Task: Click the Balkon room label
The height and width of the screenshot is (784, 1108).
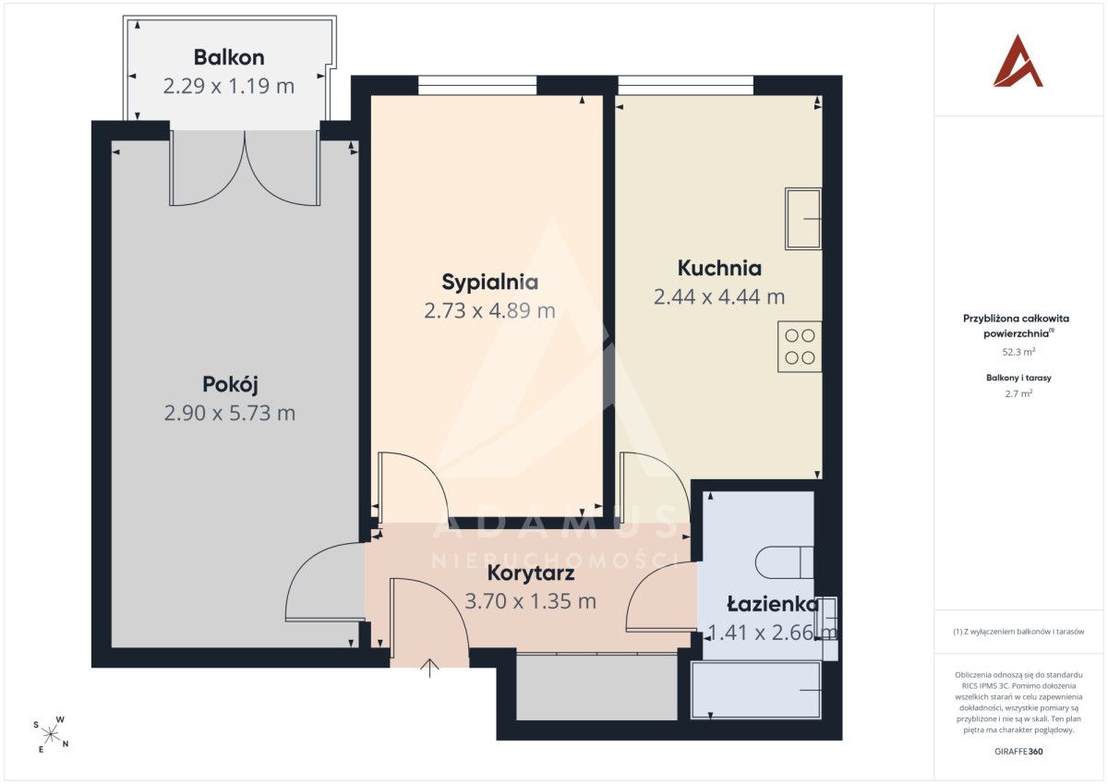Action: (x=229, y=57)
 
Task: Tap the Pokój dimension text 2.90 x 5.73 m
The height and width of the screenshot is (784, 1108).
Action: (x=230, y=413)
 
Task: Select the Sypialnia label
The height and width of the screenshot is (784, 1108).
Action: (x=489, y=283)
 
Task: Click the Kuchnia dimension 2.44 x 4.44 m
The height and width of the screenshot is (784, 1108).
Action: (x=719, y=296)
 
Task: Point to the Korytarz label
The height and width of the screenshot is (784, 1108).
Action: (x=531, y=573)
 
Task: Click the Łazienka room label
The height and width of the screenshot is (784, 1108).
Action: (x=773, y=604)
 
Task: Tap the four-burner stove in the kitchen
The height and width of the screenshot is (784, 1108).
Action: (x=800, y=346)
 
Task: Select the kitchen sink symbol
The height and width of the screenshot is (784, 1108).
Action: (x=803, y=218)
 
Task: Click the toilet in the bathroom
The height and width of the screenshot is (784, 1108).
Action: (x=785, y=562)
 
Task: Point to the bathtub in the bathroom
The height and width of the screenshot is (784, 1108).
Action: (x=756, y=690)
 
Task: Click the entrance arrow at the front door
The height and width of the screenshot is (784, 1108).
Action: (x=429, y=668)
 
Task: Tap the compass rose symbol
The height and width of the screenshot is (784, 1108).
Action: (x=51, y=734)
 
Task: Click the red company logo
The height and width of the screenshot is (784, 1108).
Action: (x=1018, y=61)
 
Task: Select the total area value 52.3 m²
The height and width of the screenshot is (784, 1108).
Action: (x=1018, y=352)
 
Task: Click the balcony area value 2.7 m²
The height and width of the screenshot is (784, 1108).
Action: (x=1018, y=393)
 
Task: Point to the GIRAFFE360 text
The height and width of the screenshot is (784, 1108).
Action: (x=1018, y=752)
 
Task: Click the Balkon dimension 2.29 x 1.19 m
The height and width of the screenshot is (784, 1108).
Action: (x=229, y=86)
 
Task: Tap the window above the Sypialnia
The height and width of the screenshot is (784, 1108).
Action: (x=477, y=85)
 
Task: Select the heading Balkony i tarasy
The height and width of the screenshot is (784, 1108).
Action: (x=1018, y=378)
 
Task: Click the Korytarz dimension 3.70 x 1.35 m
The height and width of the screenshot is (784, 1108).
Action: (x=531, y=601)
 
